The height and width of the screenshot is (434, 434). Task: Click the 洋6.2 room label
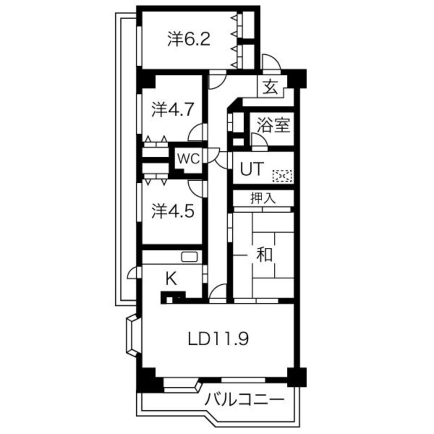[x=189, y=40]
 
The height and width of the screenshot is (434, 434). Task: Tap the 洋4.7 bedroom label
[x=172, y=110]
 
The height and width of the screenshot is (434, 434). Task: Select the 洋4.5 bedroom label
[x=172, y=212]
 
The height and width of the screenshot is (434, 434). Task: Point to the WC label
[x=188, y=159]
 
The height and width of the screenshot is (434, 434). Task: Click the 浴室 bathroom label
[x=273, y=125]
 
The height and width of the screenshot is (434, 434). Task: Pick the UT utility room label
[x=252, y=169]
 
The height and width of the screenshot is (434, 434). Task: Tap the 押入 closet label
[x=263, y=198]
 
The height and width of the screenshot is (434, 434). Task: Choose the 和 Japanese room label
[x=264, y=254]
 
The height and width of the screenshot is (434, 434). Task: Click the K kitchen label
[x=171, y=279]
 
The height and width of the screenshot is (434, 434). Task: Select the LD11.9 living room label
[x=219, y=339]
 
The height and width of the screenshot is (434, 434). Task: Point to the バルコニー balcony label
[x=245, y=400]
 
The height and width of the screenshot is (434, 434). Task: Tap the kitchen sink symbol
[x=189, y=257]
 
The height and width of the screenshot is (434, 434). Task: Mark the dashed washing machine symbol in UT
[x=283, y=176]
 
